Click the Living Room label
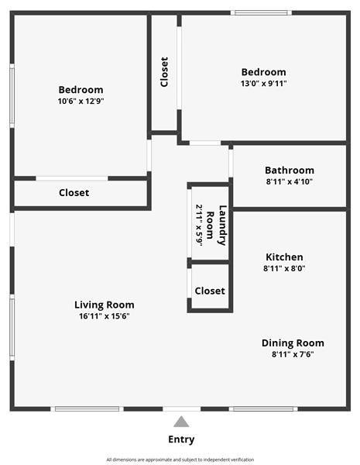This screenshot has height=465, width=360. pyautogui.click(x=105, y=305)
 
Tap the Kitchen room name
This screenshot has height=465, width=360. pyautogui.click(x=284, y=257)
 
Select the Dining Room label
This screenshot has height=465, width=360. pyautogui.click(x=293, y=343)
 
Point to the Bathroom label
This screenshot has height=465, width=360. pyautogui.click(x=290, y=170)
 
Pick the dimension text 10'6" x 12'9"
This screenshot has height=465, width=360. pyautogui.click(x=81, y=101)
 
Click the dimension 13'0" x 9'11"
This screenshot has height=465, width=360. pyautogui.click(x=264, y=84)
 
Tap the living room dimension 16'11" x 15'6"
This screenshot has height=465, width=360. pyautogui.click(x=105, y=316)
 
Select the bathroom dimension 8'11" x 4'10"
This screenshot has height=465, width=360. pyautogui.click(x=290, y=181)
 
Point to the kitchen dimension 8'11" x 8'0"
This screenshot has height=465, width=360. pyautogui.click(x=284, y=268)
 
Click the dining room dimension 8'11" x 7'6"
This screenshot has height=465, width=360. pyautogui.click(x=293, y=354)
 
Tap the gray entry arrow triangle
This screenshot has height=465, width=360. pyautogui.click(x=181, y=422)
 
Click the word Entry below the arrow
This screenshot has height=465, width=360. pyautogui.click(x=181, y=439)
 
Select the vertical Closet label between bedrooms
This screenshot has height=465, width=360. pyautogui.click(x=164, y=72)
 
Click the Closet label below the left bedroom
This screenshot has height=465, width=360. pyautogui.click(x=74, y=193)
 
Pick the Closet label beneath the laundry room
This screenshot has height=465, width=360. pyautogui.click(x=210, y=291)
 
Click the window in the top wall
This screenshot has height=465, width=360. pyautogui.click(x=261, y=12)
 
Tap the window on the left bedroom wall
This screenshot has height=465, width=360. pyautogui.click(x=12, y=96)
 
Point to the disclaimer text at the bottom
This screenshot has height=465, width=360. pyautogui.click(x=180, y=460)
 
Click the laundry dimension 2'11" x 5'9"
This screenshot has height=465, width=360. pyautogui.click(x=199, y=226)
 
